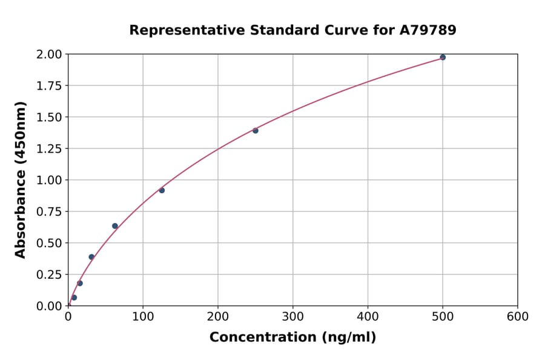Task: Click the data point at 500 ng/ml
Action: (443, 58)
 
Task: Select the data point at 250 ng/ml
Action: (256, 130)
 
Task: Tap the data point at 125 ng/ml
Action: (162, 190)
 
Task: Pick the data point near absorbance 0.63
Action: (115, 226)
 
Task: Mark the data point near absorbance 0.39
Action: (91, 257)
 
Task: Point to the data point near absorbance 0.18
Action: (80, 283)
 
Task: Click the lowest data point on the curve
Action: (74, 298)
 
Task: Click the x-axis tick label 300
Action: (293, 316)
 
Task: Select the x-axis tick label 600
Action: (518, 316)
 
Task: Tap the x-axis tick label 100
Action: (143, 316)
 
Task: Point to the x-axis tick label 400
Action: (368, 316)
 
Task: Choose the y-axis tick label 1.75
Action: (48, 86)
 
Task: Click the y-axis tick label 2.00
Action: (48, 55)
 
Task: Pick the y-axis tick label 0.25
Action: (48, 275)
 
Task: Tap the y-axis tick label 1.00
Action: (48, 180)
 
